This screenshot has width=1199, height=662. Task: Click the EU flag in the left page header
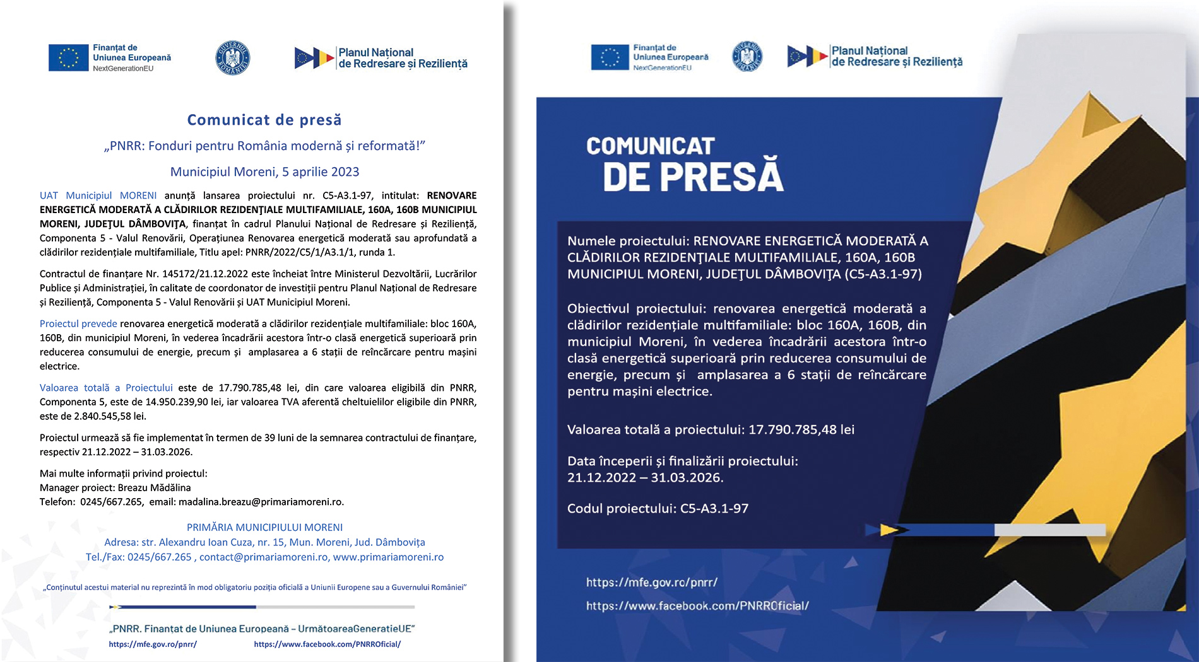[68, 58]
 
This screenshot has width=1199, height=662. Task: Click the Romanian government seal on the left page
[233, 58]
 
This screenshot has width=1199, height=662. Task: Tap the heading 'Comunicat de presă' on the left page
[264, 120]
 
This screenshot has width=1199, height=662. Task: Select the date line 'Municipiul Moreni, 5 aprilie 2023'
[264, 171]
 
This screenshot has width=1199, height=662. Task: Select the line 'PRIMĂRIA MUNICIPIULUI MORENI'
[264, 527]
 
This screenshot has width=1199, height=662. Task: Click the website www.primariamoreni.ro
[388, 557]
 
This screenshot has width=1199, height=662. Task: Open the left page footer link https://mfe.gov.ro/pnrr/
[153, 644]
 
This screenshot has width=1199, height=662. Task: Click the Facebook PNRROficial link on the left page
[327, 644]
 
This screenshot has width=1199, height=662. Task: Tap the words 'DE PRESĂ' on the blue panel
[693, 177]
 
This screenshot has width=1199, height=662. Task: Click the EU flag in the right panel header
[610, 57]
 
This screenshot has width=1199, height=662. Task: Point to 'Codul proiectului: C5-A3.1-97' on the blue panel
[658, 508]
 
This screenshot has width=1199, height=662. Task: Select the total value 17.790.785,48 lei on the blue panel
[801, 429]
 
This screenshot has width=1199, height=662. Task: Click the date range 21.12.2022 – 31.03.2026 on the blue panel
[645, 477]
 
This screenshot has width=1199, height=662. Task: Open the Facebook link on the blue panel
[697, 606]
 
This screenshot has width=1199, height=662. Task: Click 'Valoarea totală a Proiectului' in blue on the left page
[106, 388]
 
